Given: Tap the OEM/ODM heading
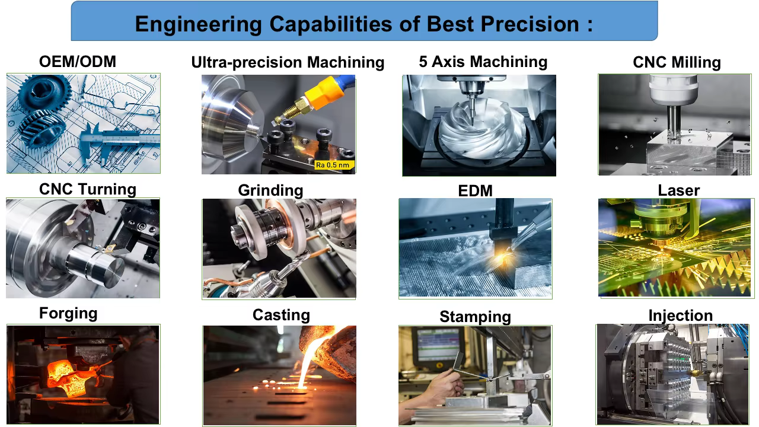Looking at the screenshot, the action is click(x=78, y=62).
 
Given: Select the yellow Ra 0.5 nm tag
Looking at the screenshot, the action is click(x=334, y=165).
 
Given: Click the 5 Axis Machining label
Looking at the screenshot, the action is click(x=483, y=62).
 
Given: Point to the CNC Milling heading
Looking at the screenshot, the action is click(x=677, y=62).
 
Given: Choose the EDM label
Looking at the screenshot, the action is click(x=475, y=191).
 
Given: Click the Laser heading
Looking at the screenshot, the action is click(x=679, y=190).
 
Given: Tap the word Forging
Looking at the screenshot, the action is click(x=68, y=314).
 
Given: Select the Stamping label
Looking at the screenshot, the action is click(x=475, y=317).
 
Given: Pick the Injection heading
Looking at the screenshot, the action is click(x=680, y=316).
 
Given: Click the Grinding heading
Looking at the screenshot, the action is click(x=270, y=190).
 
